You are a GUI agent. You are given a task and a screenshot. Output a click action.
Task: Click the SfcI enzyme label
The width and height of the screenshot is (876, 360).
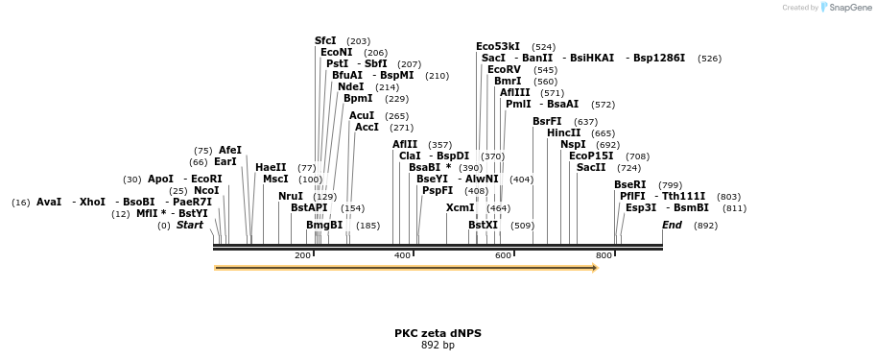pyautogui.click(x=325, y=40)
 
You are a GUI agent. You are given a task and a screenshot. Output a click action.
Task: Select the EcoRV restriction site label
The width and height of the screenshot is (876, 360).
pyautogui.click(x=503, y=69)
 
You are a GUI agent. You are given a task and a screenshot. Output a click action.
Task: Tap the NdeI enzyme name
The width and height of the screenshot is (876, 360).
pyautogui.click(x=351, y=86)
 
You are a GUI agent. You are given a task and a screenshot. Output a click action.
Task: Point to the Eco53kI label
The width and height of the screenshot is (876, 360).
pyautogui.click(x=498, y=46)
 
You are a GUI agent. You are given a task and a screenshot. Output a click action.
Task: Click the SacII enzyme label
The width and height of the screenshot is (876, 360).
pyautogui.click(x=591, y=167)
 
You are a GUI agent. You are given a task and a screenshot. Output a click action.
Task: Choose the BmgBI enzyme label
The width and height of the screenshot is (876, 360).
pyautogui.click(x=324, y=225)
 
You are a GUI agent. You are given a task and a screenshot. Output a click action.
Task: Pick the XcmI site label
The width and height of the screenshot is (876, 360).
pyautogui.click(x=461, y=207)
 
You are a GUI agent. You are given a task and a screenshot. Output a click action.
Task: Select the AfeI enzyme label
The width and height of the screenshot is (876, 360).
pyautogui.click(x=230, y=150)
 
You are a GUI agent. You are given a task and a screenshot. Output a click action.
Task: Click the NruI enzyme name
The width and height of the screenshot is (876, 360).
pyautogui.click(x=291, y=196)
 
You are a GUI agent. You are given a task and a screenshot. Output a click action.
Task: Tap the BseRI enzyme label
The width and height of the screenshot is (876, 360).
pyautogui.click(x=630, y=184)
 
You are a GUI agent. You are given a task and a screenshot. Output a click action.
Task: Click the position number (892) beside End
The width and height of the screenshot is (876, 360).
pyautogui.click(x=705, y=226)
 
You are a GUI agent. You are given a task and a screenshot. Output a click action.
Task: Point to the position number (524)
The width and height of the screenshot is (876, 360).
pyautogui.click(x=544, y=46)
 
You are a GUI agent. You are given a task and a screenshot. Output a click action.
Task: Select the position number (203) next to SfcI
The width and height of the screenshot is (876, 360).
pyautogui.click(x=358, y=41)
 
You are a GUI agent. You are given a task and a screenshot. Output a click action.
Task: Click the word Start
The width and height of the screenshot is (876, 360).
pyautogui.click(x=190, y=225)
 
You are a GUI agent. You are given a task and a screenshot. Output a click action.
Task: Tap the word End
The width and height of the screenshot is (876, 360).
pyautogui.click(x=672, y=225)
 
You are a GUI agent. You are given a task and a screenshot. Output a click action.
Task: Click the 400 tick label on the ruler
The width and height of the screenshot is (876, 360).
pyautogui.click(x=403, y=255)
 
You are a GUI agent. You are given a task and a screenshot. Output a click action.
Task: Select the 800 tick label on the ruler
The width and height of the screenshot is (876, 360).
pyautogui.click(x=604, y=255)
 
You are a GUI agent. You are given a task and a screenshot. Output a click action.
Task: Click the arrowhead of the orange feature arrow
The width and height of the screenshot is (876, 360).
pyautogui.click(x=594, y=268)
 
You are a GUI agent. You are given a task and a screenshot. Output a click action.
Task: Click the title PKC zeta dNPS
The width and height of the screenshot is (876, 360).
pyautogui.click(x=438, y=333)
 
